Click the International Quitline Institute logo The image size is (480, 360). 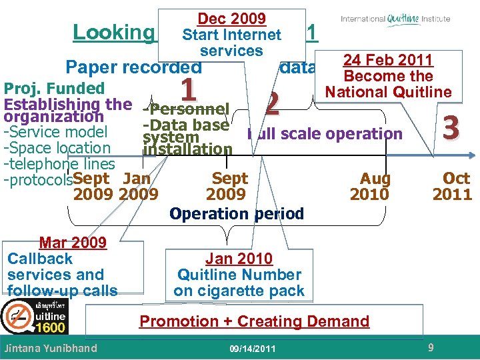click(x=395, y=19)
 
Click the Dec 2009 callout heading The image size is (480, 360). click(x=231, y=19)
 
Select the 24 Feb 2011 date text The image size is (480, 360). click(x=388, y=61)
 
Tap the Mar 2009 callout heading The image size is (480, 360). click(x=73, y=243)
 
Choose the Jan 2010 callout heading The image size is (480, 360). click(x=239, y=259)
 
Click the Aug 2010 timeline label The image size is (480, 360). click(x=375, y=186)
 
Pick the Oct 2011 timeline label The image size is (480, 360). click(x=452, y=186)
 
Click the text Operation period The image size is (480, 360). click(x=237, y=213)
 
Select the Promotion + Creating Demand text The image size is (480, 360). click(x=254, y=321)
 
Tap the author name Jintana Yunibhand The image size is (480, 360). click(x=51, y=348)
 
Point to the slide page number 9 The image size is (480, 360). click(x=431, y=347)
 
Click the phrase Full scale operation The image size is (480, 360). click(x=325, y=133)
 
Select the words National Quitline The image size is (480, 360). click(x=388, y=91)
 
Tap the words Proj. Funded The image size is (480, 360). click(x=55, y=89)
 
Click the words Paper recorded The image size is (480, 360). click(x=133, y=67)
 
